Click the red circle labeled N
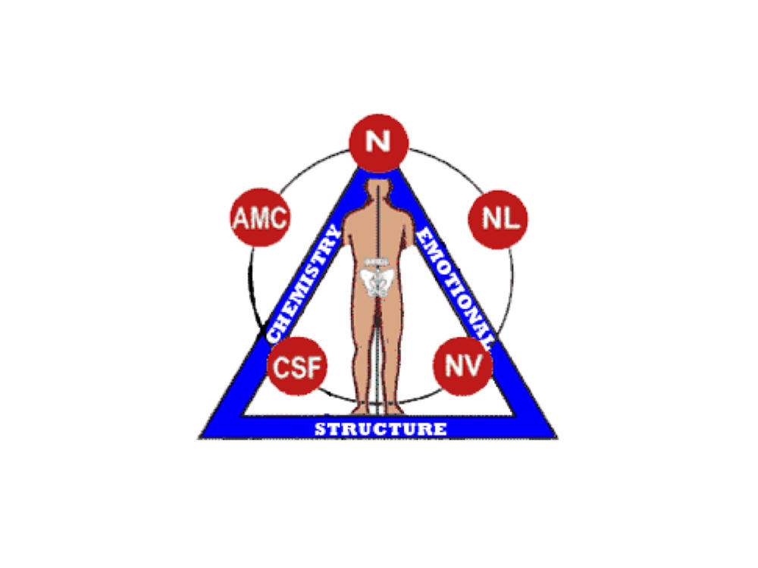(x=378, y=142)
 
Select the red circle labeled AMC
(x=259, y=218)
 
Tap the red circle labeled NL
(x=500, y=218)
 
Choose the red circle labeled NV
(x=463, y=366)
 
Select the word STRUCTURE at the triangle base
(x=380, y=429)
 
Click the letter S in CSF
(x=298, y=368)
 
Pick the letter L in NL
(x=512, y=218)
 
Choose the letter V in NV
(x=473, y=367)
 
